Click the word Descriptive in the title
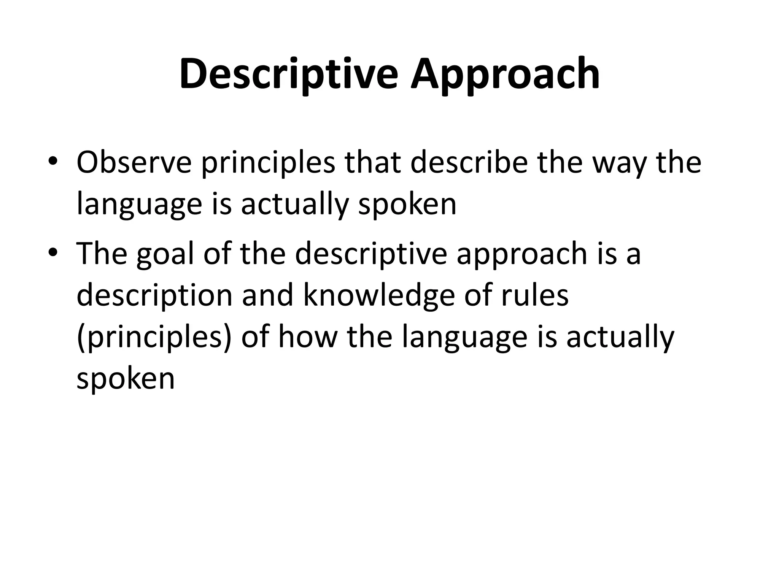[289, 74]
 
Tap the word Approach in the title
[505, 74]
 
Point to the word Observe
[134, 163]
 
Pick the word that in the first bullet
[372, 163]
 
